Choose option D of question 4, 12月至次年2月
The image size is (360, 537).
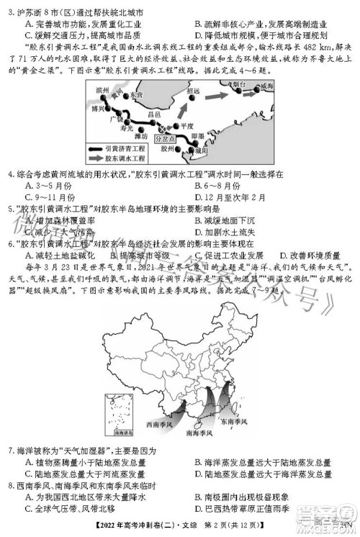point(228,197)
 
